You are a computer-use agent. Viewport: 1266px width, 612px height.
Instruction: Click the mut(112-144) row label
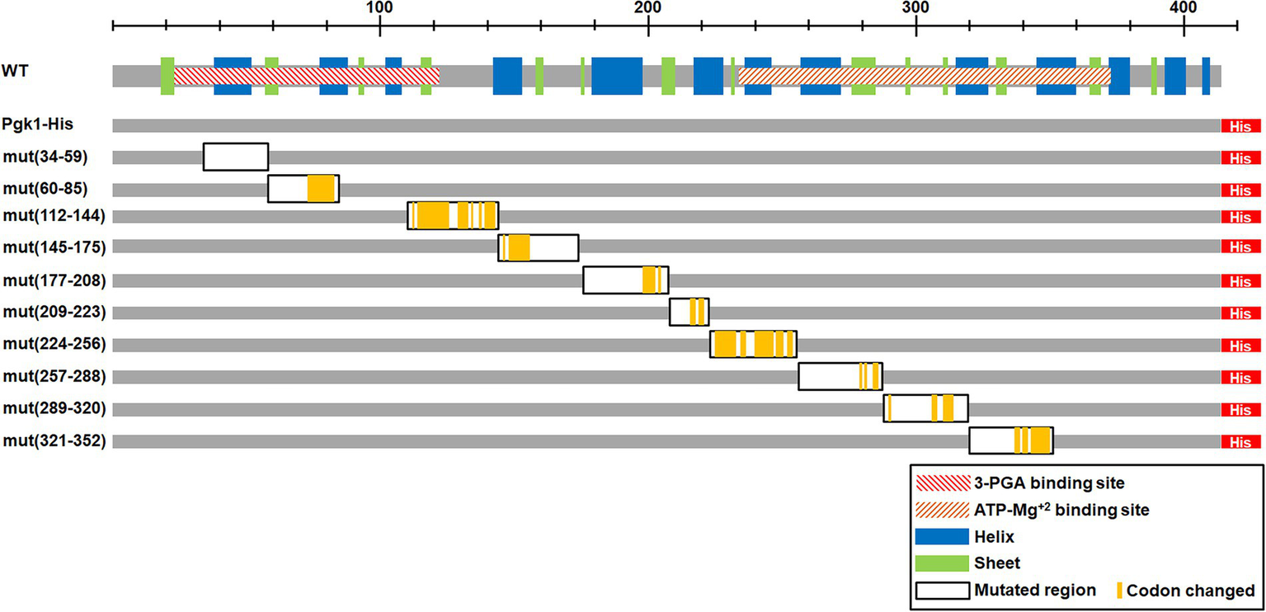(x=54, y=216)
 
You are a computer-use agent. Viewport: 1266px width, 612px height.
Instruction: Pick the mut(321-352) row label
(x=54, y=441)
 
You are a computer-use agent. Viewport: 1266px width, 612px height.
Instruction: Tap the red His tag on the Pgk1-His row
(x=1240, y=126)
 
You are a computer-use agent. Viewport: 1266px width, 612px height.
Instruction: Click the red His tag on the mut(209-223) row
(x=1240, y=313)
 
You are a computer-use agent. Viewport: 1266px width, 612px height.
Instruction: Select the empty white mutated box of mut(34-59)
(x=236, y=157)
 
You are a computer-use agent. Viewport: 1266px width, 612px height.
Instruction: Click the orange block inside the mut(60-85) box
(x=321, y=189)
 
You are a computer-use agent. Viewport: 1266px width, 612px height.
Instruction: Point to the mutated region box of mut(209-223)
(x=689, y=313)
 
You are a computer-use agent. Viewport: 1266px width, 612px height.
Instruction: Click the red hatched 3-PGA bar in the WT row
(x=306, y=76)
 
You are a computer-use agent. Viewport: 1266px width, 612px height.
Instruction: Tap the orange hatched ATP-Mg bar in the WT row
(x=924, y=76)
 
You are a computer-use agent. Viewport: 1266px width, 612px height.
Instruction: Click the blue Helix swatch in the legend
(x=941, y=536)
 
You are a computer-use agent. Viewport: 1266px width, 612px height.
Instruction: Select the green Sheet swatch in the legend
(x=941, y=563)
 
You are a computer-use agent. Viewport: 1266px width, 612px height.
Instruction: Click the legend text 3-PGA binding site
(x=1049, y=482)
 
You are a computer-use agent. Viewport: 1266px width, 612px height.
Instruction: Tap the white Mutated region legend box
(x=941, y=591)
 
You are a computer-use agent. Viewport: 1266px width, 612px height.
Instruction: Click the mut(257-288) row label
(x=54, y=377)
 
